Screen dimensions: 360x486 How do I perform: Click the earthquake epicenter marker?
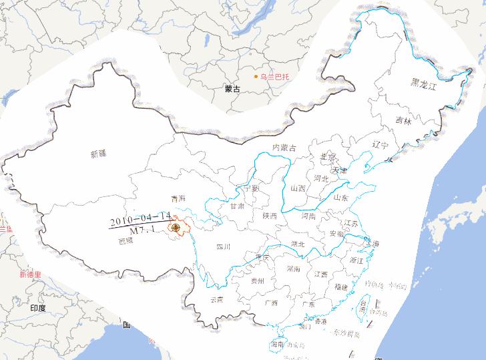(x=176, y=228)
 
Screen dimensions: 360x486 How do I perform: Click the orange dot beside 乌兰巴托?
(x=255, y=77)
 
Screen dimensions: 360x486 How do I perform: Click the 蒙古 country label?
(x=232, y=87)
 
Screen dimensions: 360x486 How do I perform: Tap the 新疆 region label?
(x=97, y=154)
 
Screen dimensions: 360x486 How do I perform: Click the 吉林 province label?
(x=403, y=122)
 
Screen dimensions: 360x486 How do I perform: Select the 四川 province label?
(x=223, y=247)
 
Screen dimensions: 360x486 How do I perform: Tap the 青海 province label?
(x=178, y=198)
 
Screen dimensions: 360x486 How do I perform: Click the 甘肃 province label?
(x=237, y=206)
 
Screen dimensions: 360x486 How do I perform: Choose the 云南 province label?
(x=217, y=299)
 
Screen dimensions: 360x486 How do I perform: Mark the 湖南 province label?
(x=292, y=269)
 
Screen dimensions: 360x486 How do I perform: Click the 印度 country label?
(x=38, y=308)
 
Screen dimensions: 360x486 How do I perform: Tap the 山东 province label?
(x=340, y=197)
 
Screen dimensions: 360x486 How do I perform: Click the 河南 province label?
(x=308, y=216)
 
